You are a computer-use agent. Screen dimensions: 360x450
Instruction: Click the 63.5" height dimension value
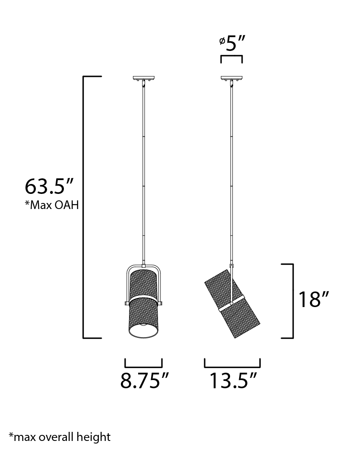[49, 187]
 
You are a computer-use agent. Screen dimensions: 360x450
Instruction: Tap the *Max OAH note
[52, 205]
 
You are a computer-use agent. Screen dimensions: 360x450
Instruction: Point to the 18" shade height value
[313, 299]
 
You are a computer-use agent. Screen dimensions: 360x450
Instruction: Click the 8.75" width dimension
[145, 380]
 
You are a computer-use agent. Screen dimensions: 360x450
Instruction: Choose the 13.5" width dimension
[233, 380]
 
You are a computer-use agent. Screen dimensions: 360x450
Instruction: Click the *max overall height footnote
[60, 437]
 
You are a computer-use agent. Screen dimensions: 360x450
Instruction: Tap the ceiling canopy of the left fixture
[144, 78]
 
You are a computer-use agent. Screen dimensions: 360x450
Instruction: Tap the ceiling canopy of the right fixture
[231, 78]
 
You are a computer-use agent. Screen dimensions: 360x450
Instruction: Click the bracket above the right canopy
[231, 56]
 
